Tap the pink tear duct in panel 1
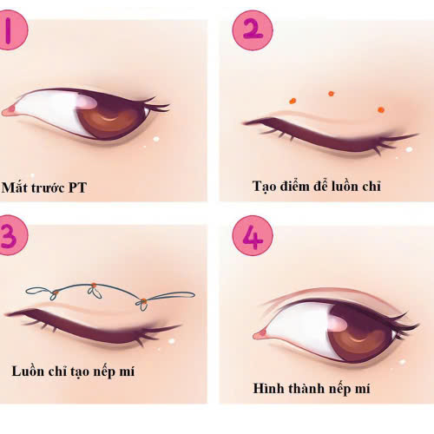(9, 109)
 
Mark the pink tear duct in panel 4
(259, 334)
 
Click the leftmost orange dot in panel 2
(293, 102)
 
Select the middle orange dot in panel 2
(331, 92)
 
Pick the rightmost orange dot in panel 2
(381, 109)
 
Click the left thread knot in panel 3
(56, 290)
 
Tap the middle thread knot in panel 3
(93, 287)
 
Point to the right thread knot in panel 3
(142, 302)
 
